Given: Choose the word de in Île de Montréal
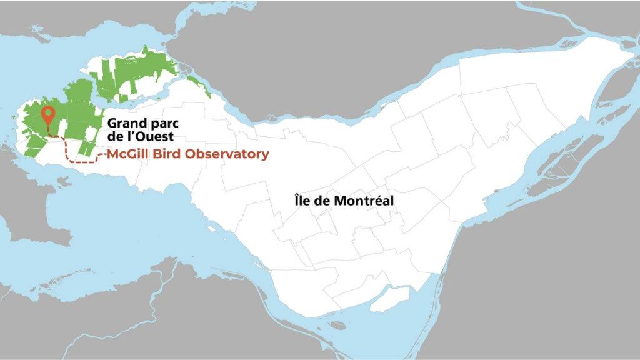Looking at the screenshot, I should [x=321, y=201].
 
